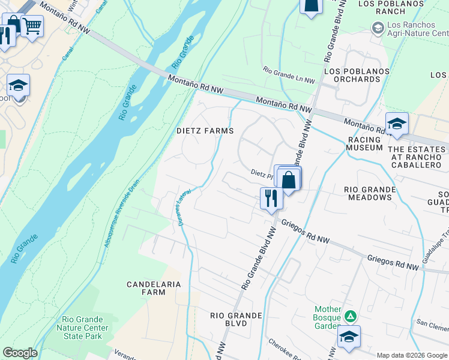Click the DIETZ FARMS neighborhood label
point(204,131)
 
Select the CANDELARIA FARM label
point(145,287)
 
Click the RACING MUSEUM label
point(364,143)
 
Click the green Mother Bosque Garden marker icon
point(351,316)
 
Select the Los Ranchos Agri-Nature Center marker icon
point(378,28)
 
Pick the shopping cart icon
point(32,26)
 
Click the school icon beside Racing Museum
point(397,124)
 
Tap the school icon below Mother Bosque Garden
point(349,337)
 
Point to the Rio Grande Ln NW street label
point(289,75)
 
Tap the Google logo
point(20,353)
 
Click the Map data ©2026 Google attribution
point(411,355)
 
